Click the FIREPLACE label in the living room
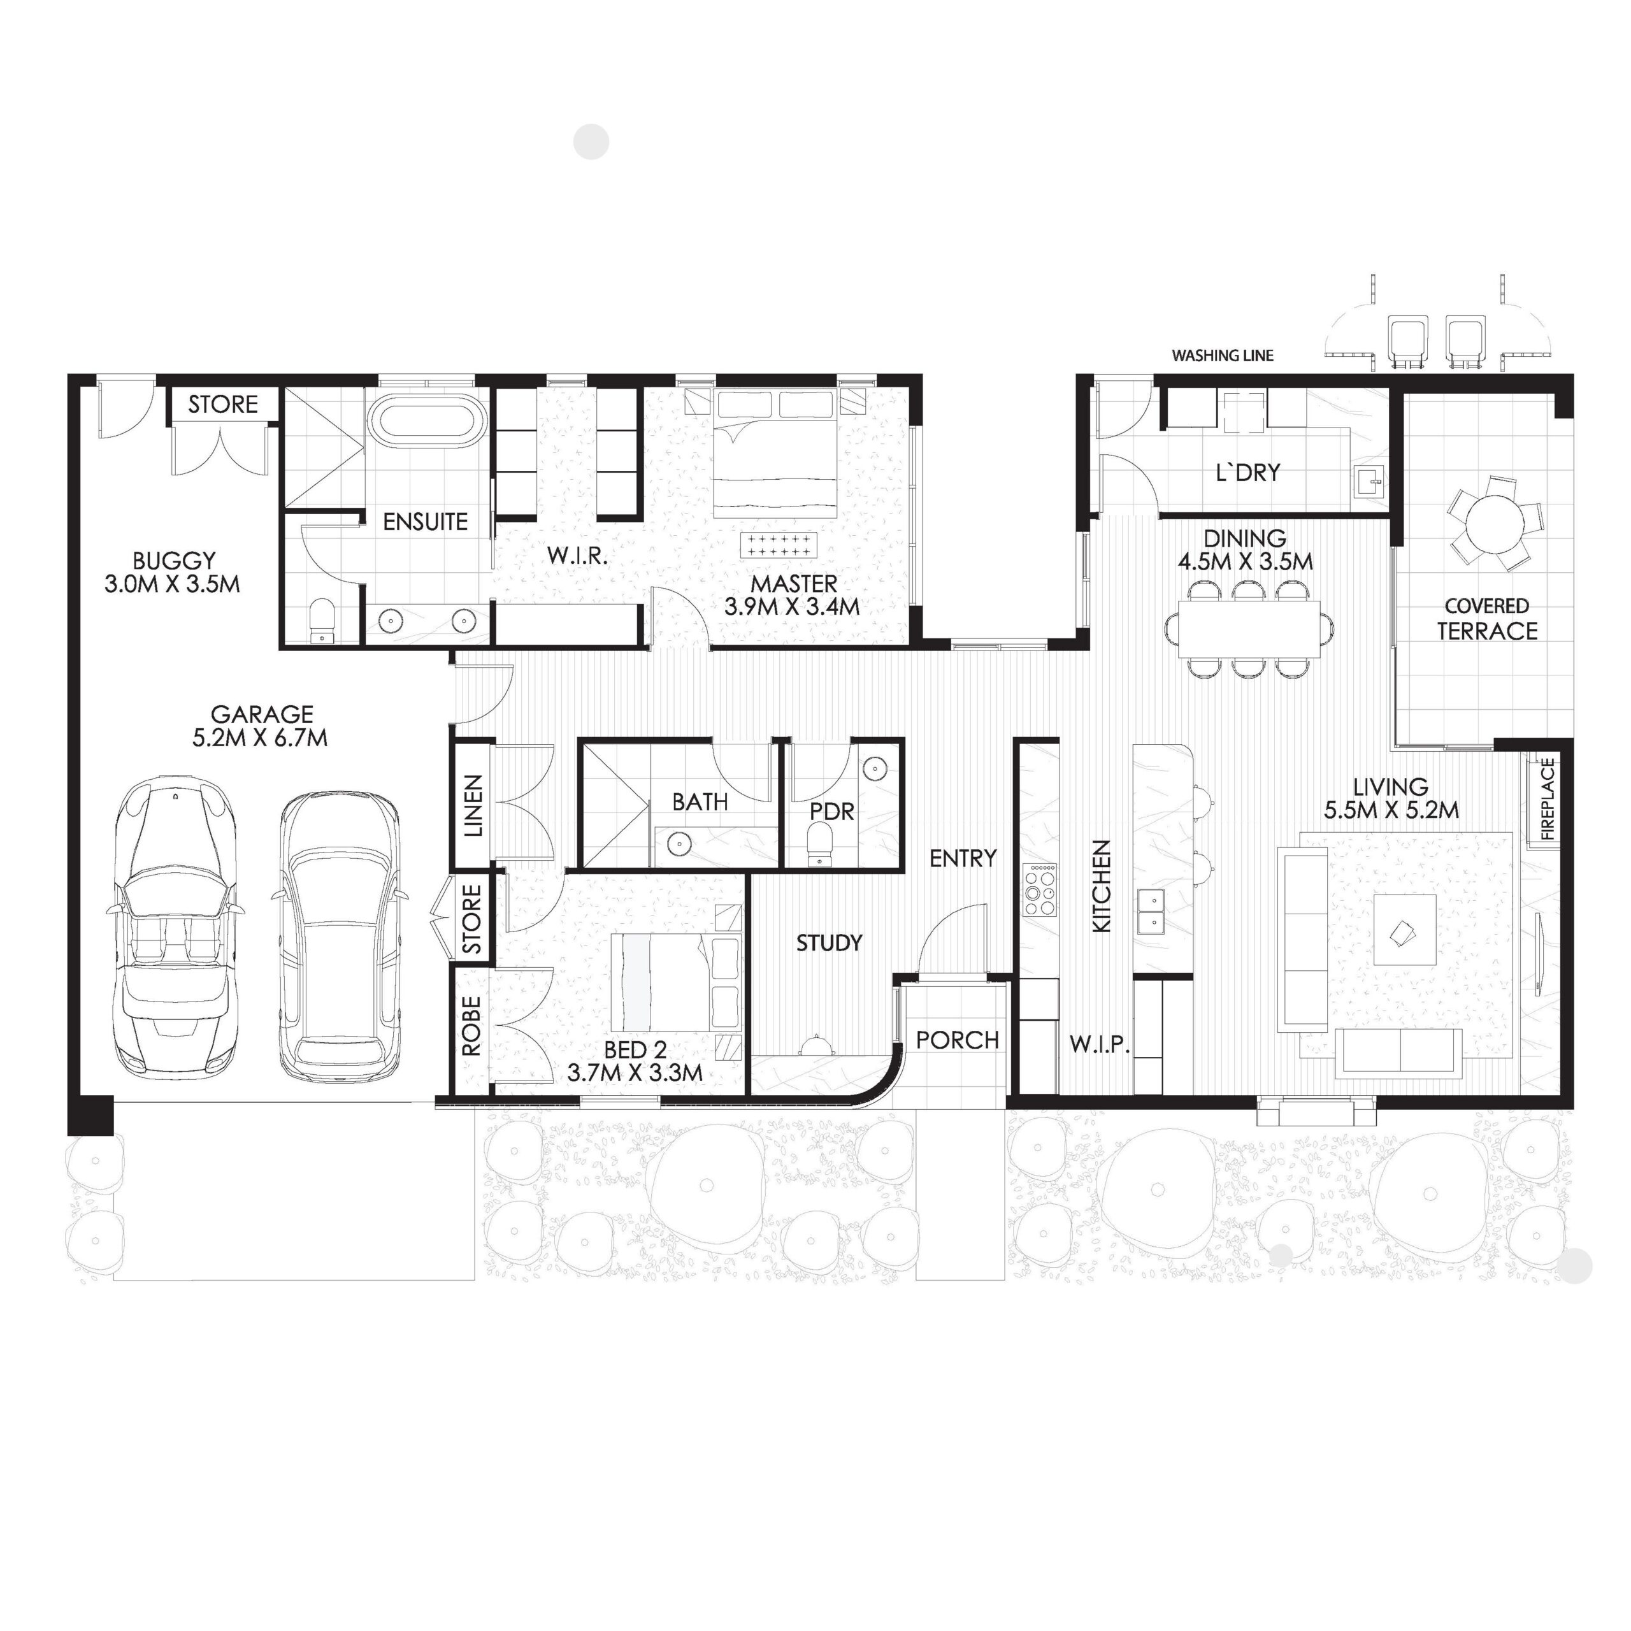[1548, 798]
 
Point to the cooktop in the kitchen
[1040, 890]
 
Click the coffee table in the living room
[1404, 929]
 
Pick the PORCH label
[958, 1040]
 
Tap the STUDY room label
[829, 942]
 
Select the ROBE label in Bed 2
[471, 1026]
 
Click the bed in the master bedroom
[774, 456]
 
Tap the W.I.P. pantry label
[1099, 1044]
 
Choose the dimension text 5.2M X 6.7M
[260, 738]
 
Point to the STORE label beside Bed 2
[473, 919]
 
